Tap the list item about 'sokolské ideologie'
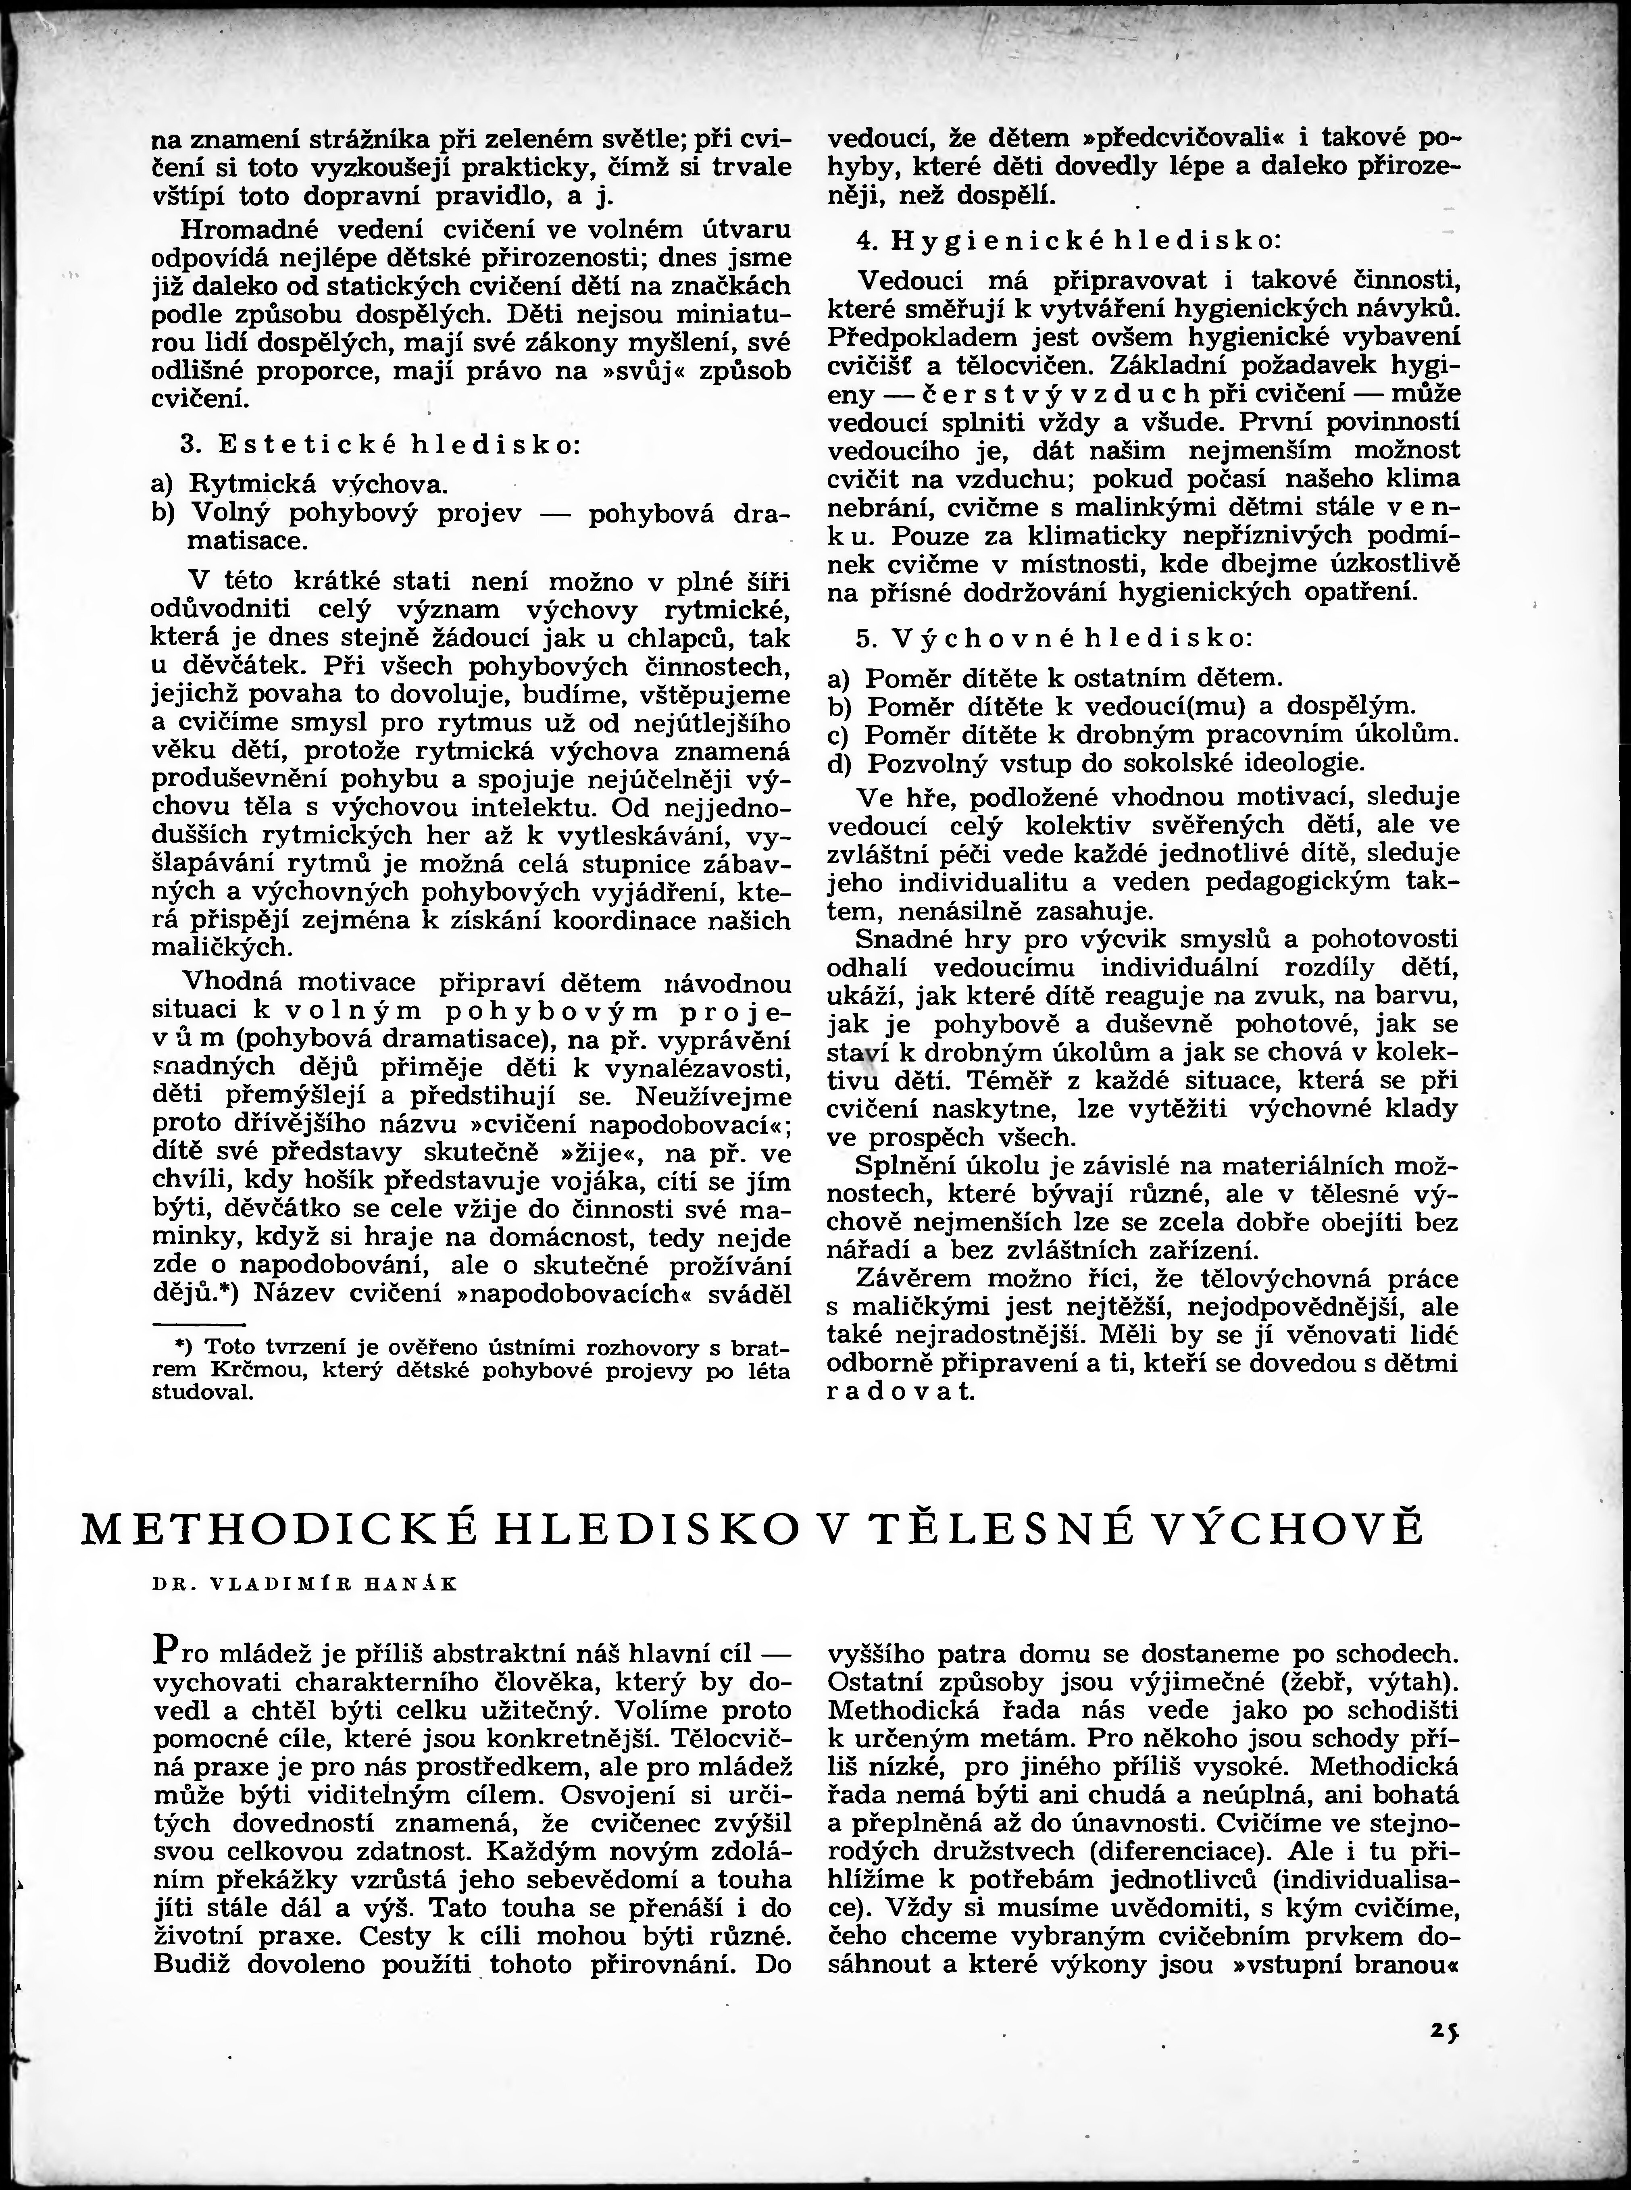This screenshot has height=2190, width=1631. coord(1096,763)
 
